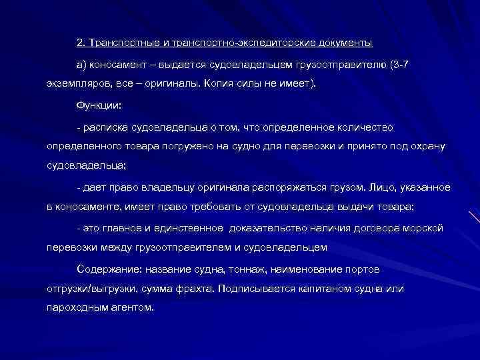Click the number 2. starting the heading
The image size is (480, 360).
(81, 43)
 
